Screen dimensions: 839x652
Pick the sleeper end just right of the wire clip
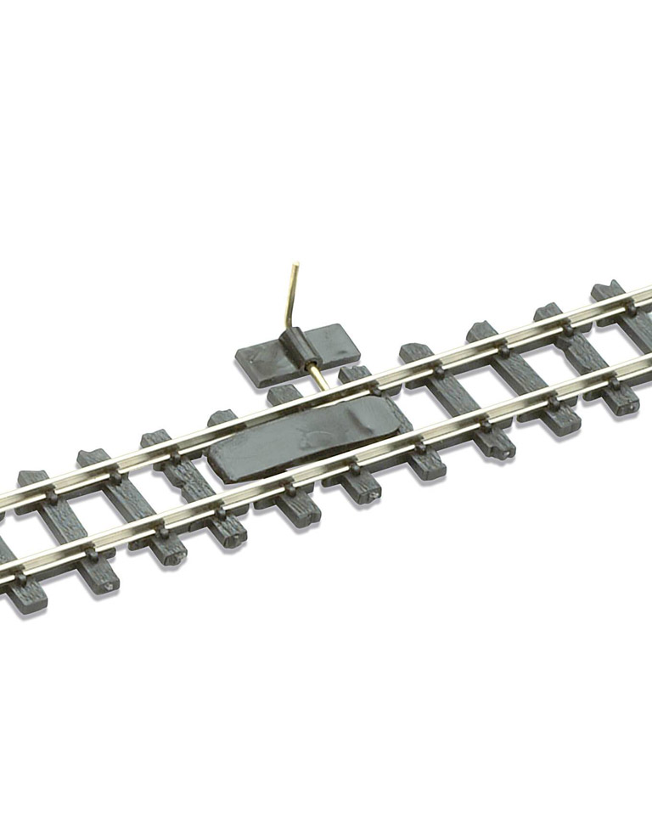coord(355,373)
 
